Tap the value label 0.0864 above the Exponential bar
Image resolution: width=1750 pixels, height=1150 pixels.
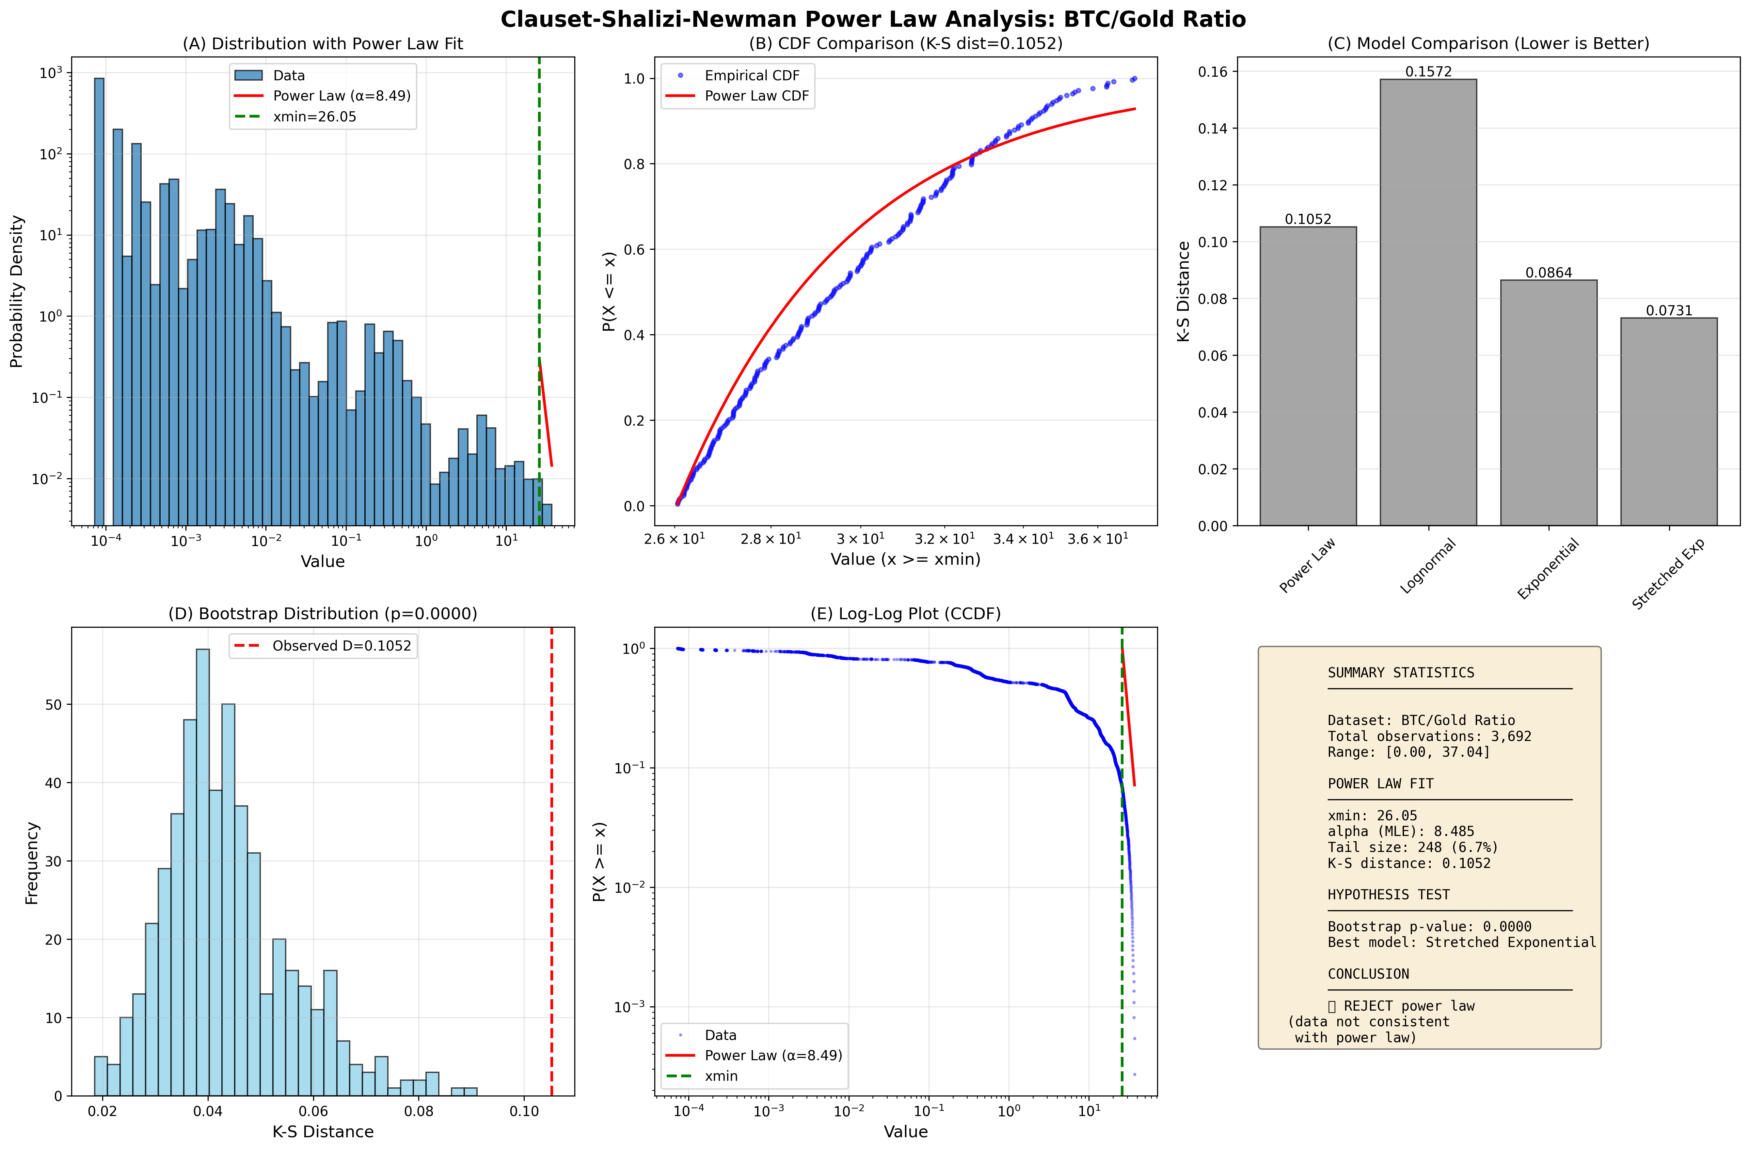(x=1549, y=273)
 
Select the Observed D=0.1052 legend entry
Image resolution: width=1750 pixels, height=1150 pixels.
(x=341, y=646)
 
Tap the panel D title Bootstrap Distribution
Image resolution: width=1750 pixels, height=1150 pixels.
(x=323, y=613)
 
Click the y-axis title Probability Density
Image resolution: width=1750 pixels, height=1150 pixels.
(x=16, y=291)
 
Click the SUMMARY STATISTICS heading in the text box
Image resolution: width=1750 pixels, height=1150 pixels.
(x=1401, y=673)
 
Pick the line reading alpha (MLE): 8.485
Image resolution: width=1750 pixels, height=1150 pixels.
(x=1401, y=832)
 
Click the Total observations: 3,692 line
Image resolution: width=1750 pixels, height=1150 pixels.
(x=1429, y=736)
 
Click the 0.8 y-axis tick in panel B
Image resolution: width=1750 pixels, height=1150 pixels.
(x=634, y=164)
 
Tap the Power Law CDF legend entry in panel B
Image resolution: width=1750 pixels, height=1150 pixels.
(x=756, y=96)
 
